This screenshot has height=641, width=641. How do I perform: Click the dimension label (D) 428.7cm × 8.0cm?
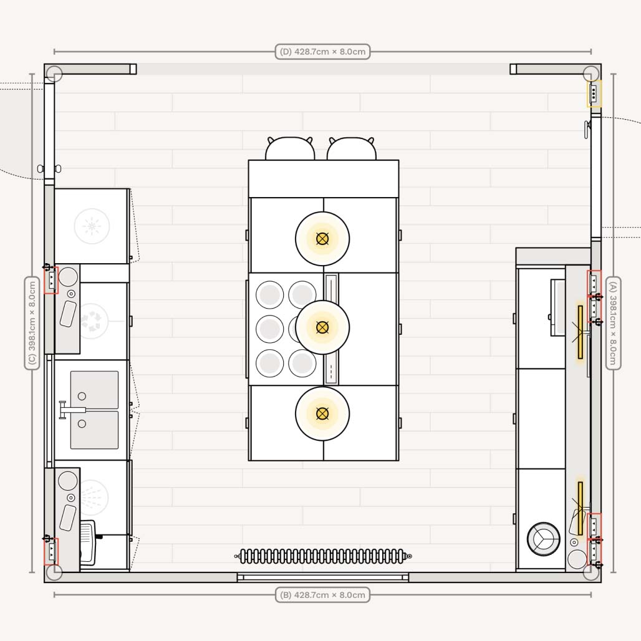pos(322,52)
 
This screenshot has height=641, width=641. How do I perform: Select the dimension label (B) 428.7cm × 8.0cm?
pos(322,595)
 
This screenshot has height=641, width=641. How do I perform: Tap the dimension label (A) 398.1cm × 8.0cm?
pos(613,323)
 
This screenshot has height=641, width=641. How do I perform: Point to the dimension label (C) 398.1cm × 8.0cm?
pos(32,323)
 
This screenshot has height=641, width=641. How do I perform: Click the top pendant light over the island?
pos(322,239)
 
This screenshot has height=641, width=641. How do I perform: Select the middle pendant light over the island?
pos(322,327)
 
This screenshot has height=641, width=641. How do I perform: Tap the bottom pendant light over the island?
pos(322,413)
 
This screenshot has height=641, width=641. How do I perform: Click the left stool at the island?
pos(290,149)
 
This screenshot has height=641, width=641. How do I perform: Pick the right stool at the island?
pos(352,149)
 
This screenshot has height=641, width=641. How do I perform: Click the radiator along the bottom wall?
pos(322,556)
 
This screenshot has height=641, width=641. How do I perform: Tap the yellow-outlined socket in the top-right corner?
pos(594,94)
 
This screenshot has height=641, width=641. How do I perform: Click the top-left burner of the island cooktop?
pos(270,295)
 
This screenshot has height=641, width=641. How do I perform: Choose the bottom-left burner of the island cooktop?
pos(270,363)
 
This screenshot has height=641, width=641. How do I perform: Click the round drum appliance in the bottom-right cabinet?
pos(543,539)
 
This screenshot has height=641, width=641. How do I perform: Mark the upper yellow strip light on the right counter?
pos(581,332)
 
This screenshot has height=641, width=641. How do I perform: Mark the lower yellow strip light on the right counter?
pos(581,508)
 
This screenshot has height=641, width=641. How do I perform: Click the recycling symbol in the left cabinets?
pos(92,320)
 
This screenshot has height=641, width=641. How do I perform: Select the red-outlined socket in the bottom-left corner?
pos(52,552)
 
